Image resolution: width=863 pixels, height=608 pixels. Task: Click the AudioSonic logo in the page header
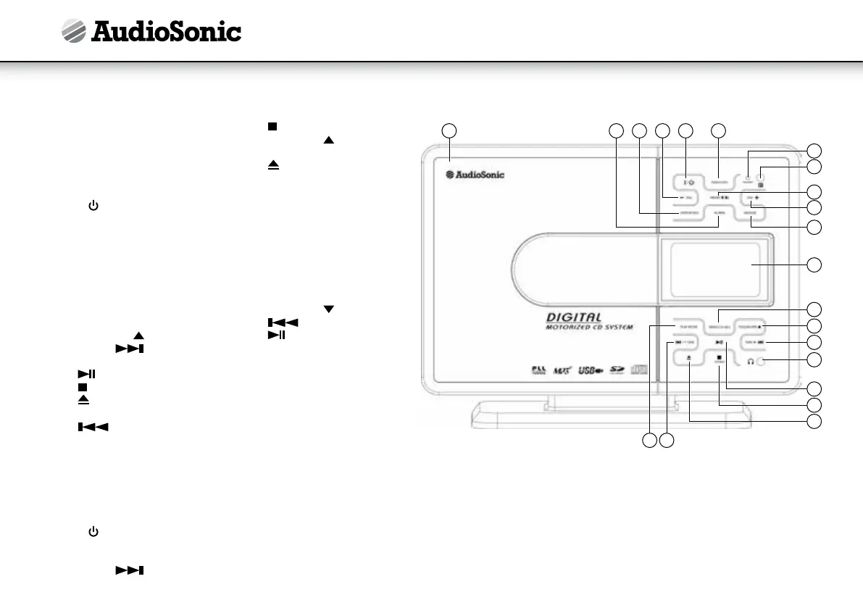click(x=151, y=31)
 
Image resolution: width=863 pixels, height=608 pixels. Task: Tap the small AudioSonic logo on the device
click(x=475, y=174)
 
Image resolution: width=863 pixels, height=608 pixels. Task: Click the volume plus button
click(x=751, y=197)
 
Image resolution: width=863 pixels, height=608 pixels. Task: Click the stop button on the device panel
click(x=720, y=358)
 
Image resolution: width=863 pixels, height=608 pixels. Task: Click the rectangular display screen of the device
click(x=714, y=266)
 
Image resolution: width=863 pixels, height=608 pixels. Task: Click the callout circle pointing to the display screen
click(x=815, y=265)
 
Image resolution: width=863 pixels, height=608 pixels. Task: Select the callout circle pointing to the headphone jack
click(x=815, y=359)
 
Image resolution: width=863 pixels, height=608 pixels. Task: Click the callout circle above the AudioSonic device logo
click(x=449, y=130)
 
